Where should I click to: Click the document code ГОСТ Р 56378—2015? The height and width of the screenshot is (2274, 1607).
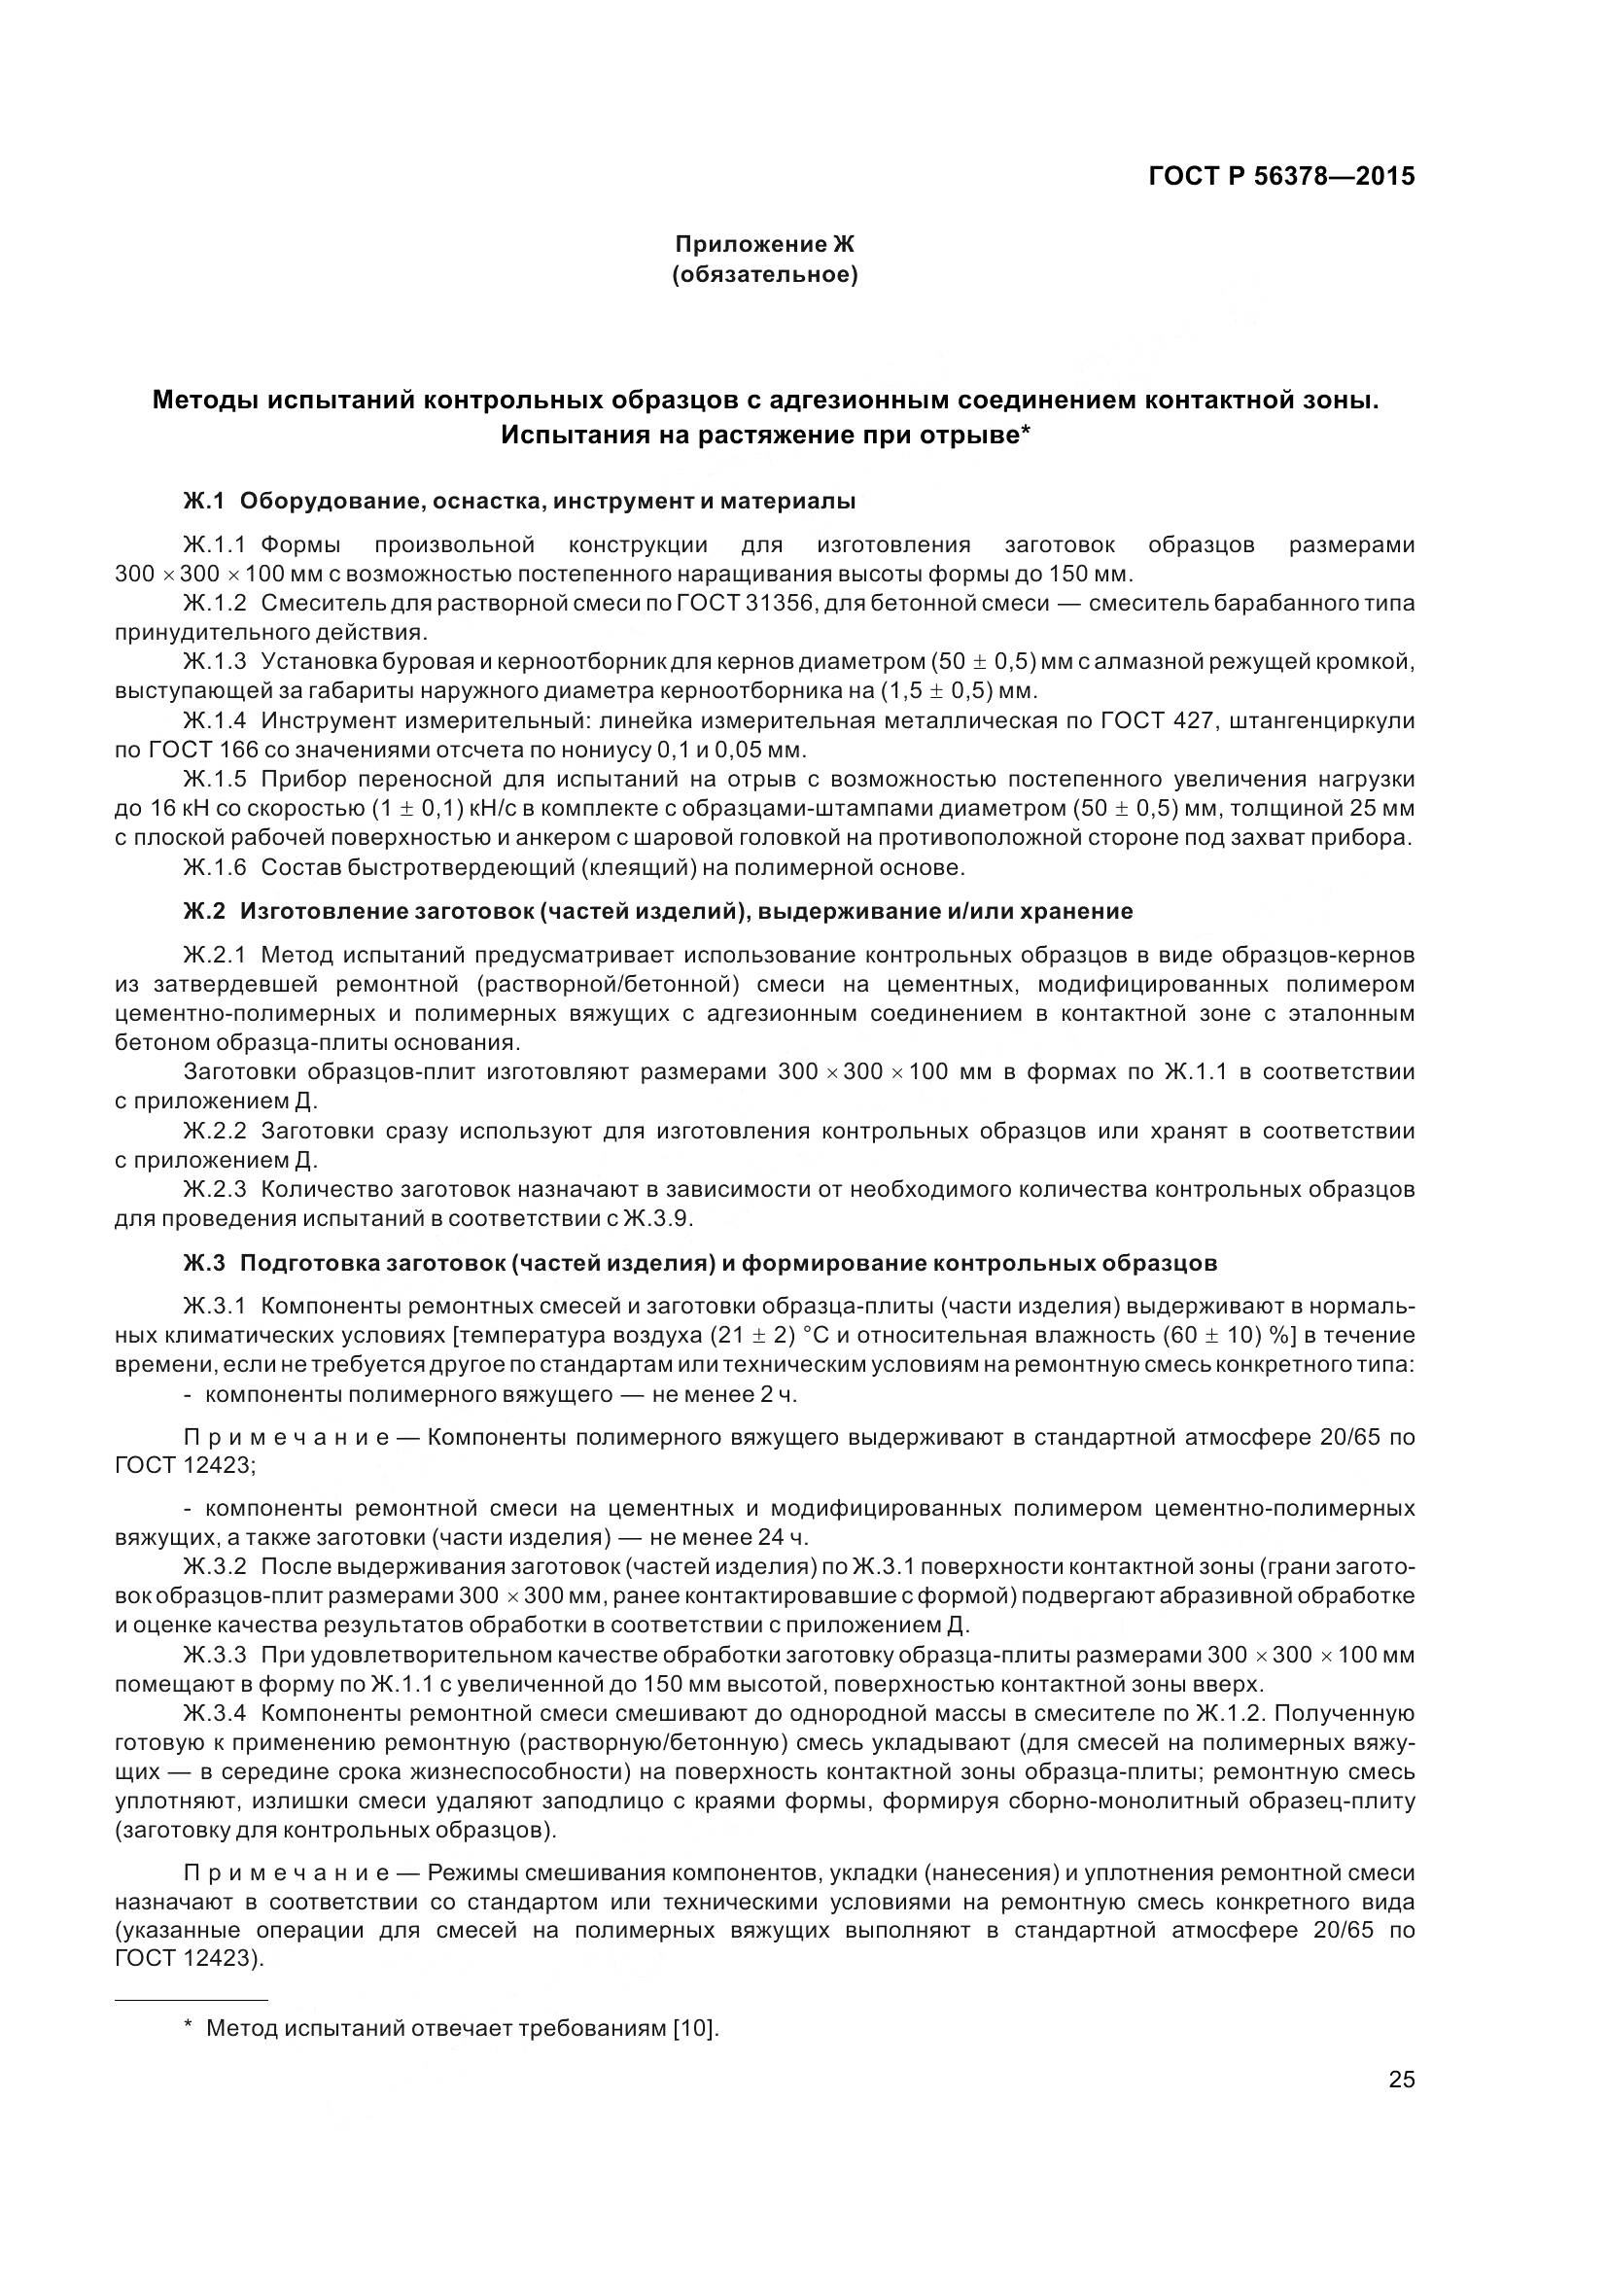[1281, 176]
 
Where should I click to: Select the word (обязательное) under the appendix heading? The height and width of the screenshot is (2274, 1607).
[764, 274]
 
